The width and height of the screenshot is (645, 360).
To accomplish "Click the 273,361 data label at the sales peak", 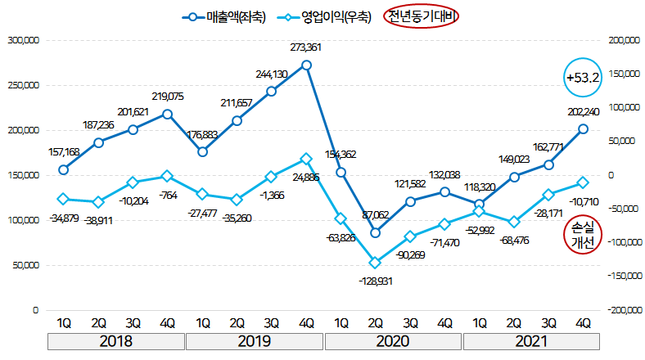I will coord(307,47).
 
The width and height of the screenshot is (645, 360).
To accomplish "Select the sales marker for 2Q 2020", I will coord(376,233).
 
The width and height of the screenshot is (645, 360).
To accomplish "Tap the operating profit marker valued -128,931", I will coord(376,263).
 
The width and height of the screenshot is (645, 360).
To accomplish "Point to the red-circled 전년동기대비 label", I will coord(424,17).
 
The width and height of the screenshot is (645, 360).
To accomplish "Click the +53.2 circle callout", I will coord(583,78).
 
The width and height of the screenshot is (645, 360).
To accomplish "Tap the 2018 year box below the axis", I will coord(115,341).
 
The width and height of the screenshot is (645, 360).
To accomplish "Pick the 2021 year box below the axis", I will coord(531,341).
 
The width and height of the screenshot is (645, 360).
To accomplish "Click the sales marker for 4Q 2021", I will coord(584,128).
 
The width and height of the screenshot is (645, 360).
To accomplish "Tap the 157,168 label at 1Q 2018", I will coord(63,153).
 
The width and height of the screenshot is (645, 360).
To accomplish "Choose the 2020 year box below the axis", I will coord(394,341).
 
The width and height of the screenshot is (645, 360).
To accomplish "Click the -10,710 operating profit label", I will coord(584,200).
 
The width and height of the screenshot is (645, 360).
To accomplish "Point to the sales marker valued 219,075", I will coord(168,114).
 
